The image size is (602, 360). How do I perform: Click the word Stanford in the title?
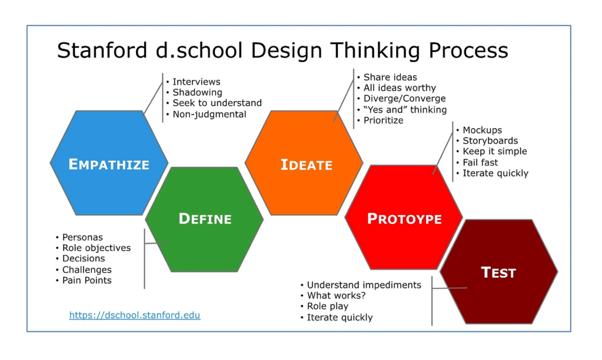point(102,50)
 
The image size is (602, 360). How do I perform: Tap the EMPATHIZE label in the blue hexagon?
point(109,164)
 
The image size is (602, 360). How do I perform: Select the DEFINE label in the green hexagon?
point(205,219)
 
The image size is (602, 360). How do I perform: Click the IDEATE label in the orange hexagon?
point(307,165)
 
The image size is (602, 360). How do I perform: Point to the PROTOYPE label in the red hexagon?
point(404,219)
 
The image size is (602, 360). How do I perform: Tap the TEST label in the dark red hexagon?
point(498,272)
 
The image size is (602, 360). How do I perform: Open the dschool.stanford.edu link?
point(135,315)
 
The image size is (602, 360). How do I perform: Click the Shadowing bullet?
point(197,92)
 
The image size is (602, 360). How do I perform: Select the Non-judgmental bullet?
point(209,114)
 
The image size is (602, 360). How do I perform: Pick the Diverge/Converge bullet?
point(405,99)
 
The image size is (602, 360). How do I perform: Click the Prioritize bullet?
point(383,121)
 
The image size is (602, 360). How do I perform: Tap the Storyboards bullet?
point(490,141)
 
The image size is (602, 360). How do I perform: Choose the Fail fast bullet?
point(480,162)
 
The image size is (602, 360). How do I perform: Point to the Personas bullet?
point(82,237)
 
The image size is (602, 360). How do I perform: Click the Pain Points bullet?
point(87,281)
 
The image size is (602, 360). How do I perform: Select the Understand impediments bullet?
point(364,285)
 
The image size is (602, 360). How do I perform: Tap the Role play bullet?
point(328,306)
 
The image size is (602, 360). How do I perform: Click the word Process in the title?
point(468,50)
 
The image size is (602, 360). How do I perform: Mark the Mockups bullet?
point(482,130)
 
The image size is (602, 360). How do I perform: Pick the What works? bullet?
point(337,295)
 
